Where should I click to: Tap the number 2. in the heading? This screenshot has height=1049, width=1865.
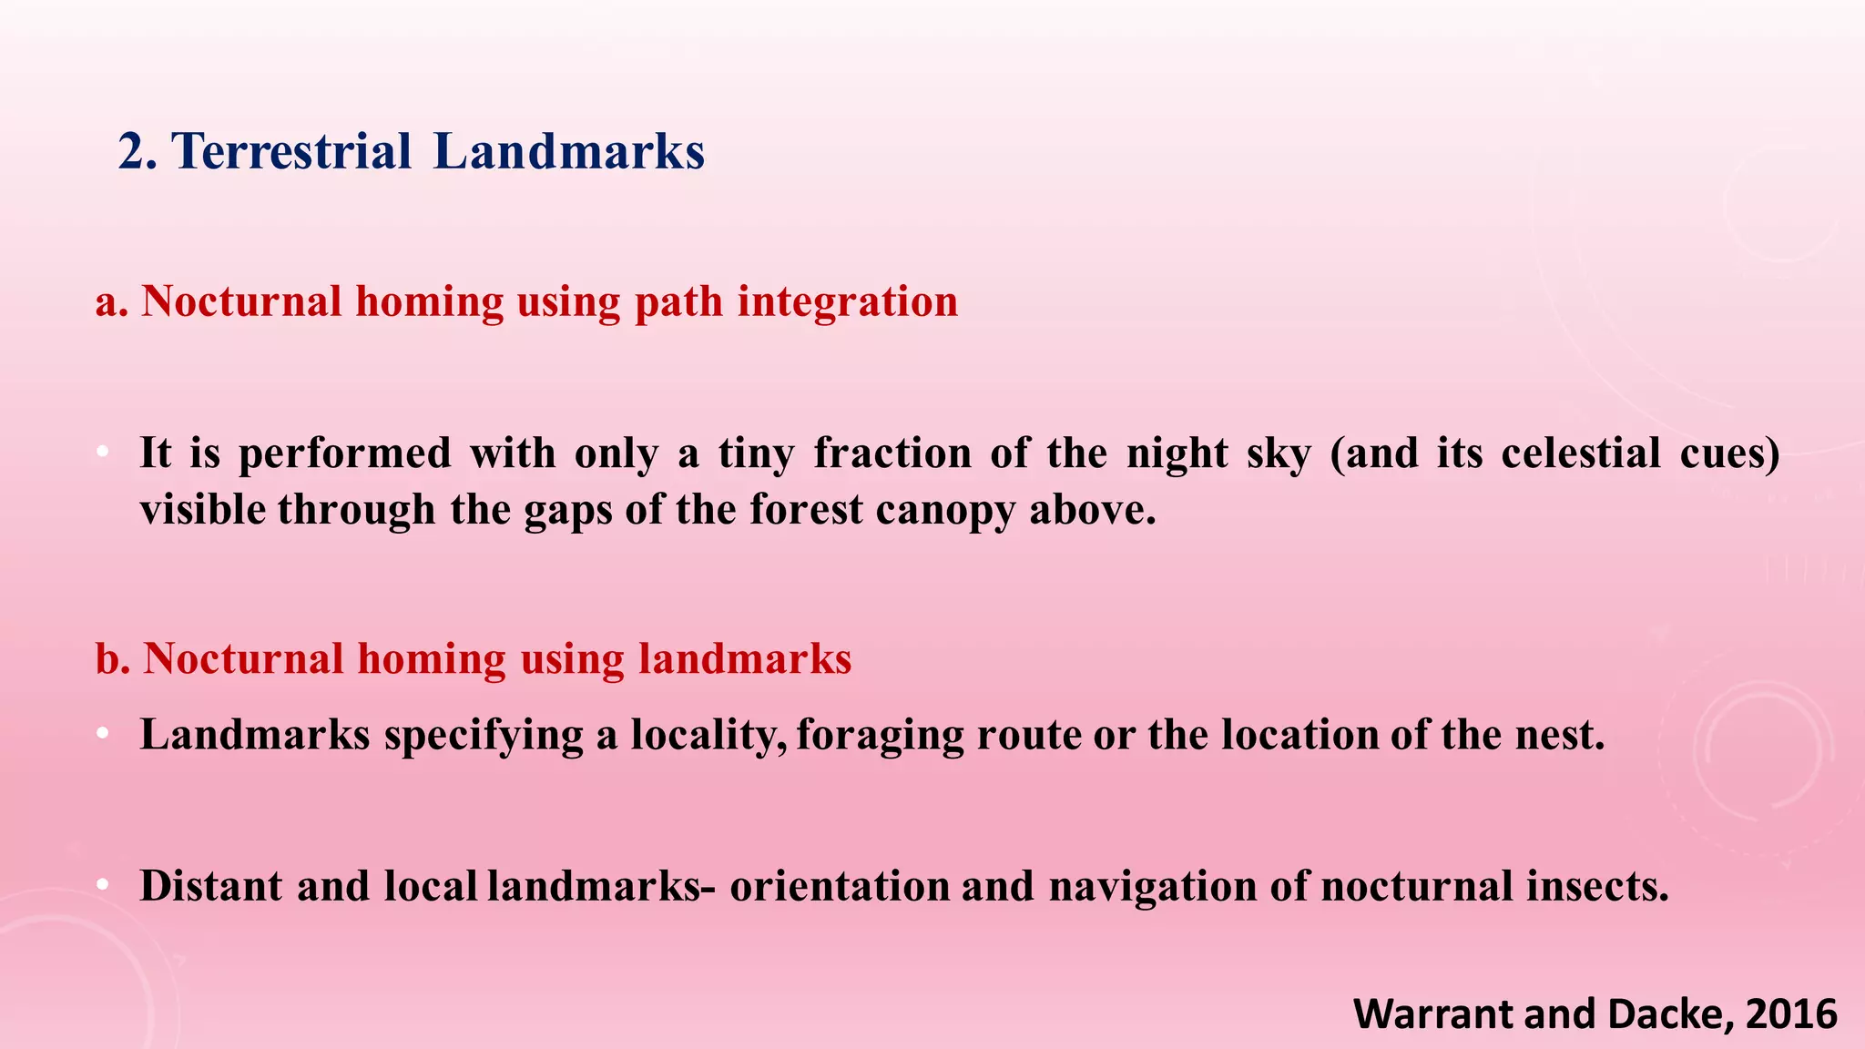pyautogui.click(x=138, y=151)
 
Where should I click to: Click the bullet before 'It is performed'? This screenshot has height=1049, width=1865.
pyautogui.click(x=103, y=453)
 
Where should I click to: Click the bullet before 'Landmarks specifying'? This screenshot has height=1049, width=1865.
pyautogui.click(x=103, y=734)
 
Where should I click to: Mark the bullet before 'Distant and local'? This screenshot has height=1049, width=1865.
pyautogui.click(x=103, y=885)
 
